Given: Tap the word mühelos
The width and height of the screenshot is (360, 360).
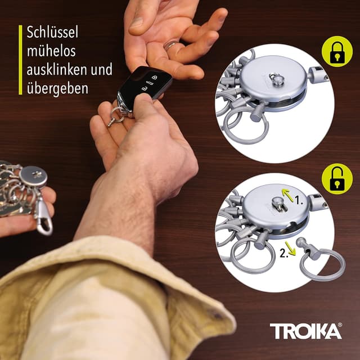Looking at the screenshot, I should (x=51, y=51).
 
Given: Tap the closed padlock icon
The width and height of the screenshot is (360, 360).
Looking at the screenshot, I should (x=337, y=51).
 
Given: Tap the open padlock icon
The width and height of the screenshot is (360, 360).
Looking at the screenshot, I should (x=337, y=179).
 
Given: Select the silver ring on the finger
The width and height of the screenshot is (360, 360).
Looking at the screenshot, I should (x=170, y=45).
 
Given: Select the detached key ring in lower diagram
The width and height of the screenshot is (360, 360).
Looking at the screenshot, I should (x=322, y=265).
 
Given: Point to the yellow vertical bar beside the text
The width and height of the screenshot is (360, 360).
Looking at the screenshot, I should (x=20, y=59).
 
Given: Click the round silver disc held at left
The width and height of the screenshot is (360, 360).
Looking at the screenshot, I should (x=33, y=176).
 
